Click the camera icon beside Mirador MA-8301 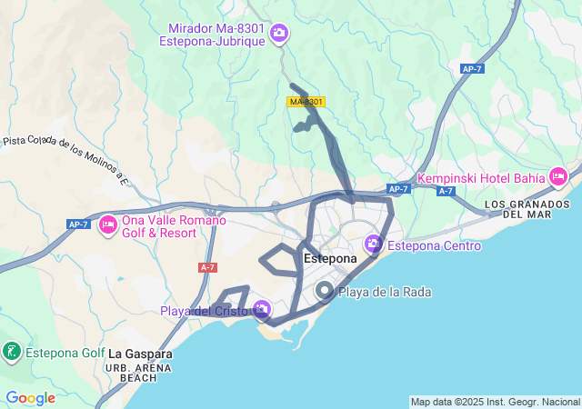pos(279,34)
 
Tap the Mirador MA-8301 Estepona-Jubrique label pos(222,35)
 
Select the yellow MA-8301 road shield pos(306,102)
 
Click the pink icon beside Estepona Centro pos(373,244)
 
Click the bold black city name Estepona pos(329,259)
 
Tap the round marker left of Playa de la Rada pos(324,292)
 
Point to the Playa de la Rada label pos(384,292)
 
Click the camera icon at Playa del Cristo pos(262,311)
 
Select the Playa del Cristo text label pos(206,312)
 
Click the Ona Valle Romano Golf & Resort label pos(159,226)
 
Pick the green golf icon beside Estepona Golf pos(11,353)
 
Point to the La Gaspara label pos(140,354)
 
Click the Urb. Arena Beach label pos(138,372)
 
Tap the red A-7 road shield pos(207,267)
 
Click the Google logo pos(30,397)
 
